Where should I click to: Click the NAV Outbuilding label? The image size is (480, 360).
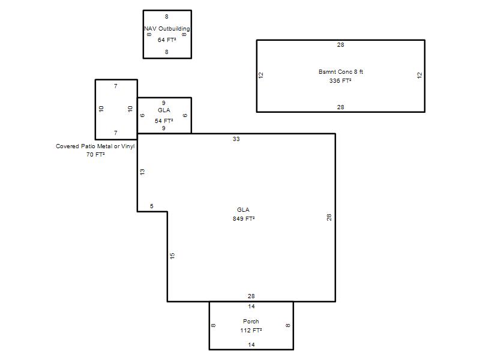[167, 29]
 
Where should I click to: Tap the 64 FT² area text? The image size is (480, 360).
[167, 40]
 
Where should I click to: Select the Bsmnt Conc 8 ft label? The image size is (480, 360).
[341, 72]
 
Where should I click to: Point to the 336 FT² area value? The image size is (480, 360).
[340, 81]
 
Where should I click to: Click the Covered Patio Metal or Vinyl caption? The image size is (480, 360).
[95, 146]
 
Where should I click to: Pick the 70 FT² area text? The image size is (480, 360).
[95, 155]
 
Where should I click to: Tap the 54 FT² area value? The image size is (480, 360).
[164, 121]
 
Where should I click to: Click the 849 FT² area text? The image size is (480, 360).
[244, 218]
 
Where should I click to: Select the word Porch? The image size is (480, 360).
[251, 322]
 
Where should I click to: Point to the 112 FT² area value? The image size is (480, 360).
[251, 331]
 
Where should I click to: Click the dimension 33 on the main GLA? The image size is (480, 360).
[236, 139]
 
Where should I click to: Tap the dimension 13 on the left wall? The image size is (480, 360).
[142, 172]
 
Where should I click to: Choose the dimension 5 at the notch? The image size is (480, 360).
[152, 206]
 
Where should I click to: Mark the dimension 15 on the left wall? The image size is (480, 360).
[172, 256]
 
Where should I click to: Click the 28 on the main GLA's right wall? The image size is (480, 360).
[329, 217]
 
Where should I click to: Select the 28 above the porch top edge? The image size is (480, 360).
[251, 296]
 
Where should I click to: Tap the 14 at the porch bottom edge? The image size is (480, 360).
[251, 344]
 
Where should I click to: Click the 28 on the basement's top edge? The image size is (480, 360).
[341, 45]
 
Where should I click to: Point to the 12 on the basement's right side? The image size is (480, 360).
[419, 76]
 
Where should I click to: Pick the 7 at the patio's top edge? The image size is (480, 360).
[116, 86]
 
